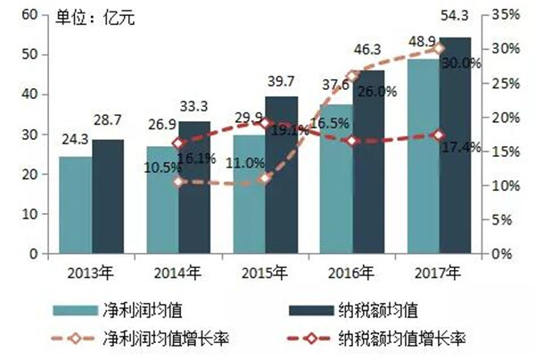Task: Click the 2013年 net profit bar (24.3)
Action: point(75,205)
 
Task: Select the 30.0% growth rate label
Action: point(461,63)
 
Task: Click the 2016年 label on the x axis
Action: point(352,273)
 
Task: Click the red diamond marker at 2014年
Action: point(179,143)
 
